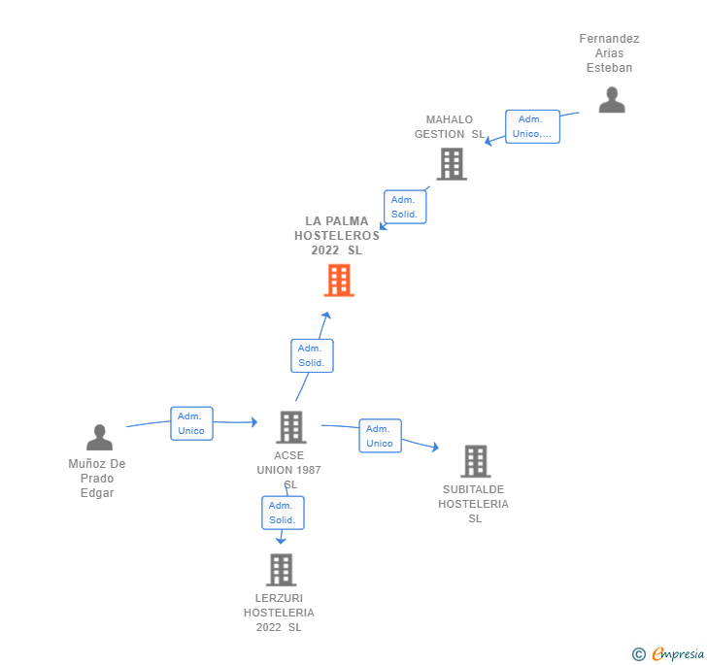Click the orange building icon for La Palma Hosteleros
coord(338,280)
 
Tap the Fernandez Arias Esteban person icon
coord(612,100)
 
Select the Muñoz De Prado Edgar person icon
coord(99,438)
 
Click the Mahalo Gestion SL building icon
coord(451,164)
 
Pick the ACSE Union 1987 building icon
coord(290,427)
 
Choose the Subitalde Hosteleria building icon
coord(475,461)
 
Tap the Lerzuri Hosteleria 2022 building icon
coord(281,570)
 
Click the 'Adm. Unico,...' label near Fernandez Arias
coord(532,126)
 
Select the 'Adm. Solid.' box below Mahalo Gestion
coord(405,207)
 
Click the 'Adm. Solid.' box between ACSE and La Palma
coord(312,355)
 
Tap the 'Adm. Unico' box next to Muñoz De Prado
coord(191,423)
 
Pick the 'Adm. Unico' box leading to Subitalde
coord(380,436)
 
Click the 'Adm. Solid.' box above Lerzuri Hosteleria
coord(283,513)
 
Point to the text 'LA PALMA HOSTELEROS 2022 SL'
coord(337,235)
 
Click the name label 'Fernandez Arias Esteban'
coord(609,53)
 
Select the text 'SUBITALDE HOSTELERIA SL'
coord(473,504)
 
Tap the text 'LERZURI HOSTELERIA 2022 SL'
coord(279,613)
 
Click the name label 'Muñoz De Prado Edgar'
coord(97,479)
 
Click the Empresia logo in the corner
coord(669,654)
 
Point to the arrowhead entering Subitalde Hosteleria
coord(435,448)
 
